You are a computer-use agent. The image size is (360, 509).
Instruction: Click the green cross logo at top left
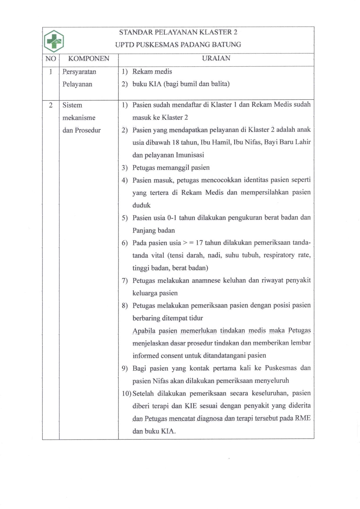click(x=54, y=41)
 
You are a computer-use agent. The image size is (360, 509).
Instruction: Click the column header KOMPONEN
click(x=89, y=59)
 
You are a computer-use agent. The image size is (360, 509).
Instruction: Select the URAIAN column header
click(x=216, y=58)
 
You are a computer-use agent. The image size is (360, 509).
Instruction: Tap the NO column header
click(x=51, y=59)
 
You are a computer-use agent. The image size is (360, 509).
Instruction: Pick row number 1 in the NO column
click(x=51, y=72)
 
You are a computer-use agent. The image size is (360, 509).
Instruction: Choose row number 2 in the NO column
click(x=51, y=105)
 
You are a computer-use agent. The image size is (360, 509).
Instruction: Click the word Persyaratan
click(x=79, y=72)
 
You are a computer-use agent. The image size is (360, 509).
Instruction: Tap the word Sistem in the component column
click(x=72, y=105)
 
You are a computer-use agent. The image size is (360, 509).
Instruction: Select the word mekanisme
click(x=79, y=118)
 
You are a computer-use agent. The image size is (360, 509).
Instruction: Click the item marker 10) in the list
click(x=127, y=394)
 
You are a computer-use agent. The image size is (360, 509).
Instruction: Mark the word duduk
click(x=141, y=205)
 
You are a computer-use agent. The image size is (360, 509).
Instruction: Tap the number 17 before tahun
click(x=199, y=243)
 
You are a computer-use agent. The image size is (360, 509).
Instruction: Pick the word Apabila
click(x=144, y=331)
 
